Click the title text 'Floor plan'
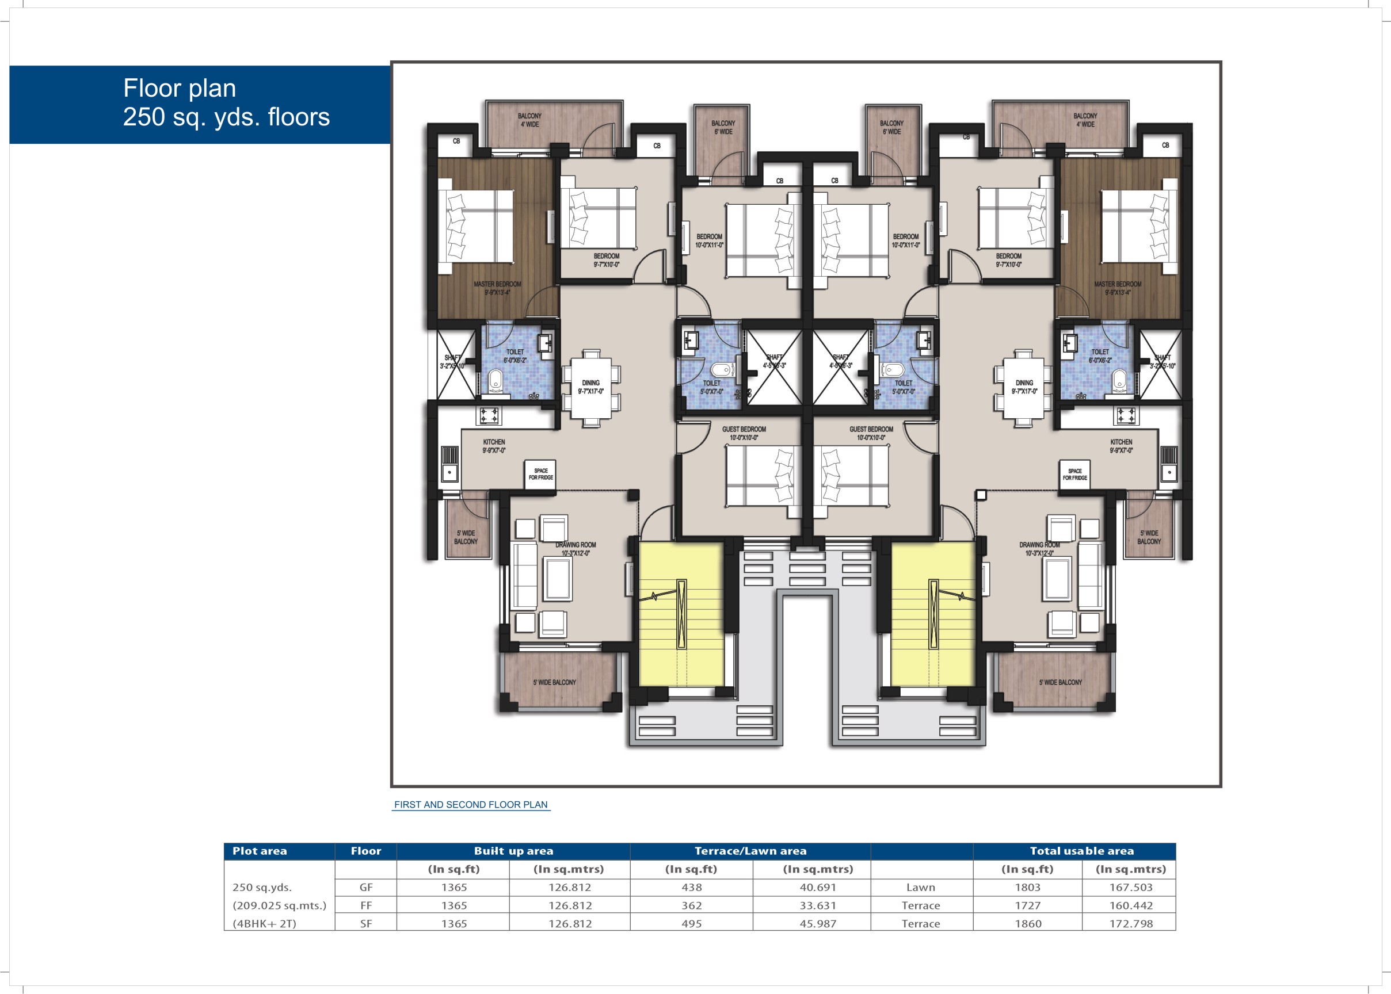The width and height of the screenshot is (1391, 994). pos(180,88)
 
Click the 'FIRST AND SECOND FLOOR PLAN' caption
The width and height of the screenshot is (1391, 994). pos(470,804)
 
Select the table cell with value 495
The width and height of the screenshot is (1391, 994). pos(691,923)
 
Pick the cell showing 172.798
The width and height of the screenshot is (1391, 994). pos(1130,923)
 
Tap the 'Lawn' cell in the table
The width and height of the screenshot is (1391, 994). pos(920,887)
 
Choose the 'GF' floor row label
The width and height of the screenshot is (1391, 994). pos(365,887)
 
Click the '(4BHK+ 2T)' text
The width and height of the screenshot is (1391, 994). pos(264,923)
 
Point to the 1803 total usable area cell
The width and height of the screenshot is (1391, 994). pos(1027,887)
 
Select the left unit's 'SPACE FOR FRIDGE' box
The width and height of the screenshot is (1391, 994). pos(540,475)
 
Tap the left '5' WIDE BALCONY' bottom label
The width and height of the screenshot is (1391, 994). pos(554,682)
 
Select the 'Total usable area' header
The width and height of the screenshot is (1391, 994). pos(1081,851)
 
